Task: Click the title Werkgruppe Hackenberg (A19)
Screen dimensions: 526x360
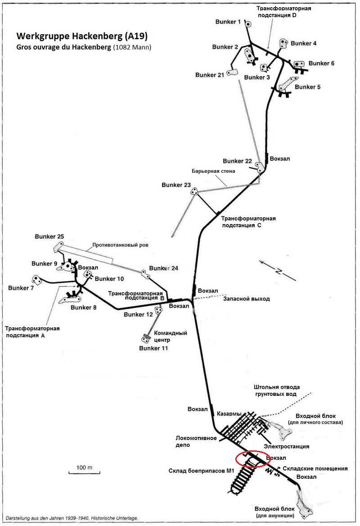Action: click(x=82, y=36)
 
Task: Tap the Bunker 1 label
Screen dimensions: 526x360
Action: click(x=228, y=22)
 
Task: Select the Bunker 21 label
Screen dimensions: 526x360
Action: click(x=209, y=75)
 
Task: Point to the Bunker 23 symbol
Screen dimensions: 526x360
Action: click(x=195, y=192)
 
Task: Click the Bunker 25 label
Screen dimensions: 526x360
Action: click(x=49, y=237)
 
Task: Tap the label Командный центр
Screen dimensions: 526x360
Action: click(x=171, y=337)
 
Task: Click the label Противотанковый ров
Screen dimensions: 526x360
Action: click(x=120, y=246)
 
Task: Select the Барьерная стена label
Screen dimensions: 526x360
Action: click(x=213, y=171)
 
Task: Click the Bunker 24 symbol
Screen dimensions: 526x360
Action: click(x=144, y=273)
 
